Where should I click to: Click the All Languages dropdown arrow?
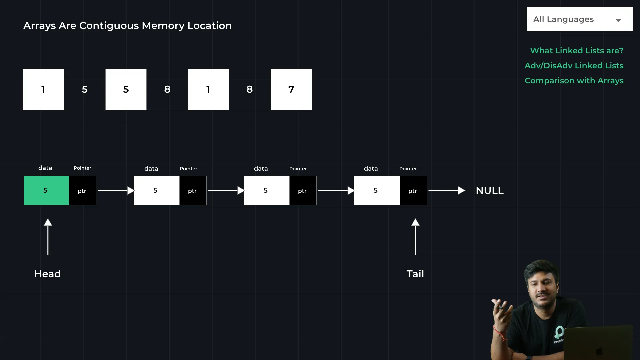618,20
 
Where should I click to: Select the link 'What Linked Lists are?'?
577,51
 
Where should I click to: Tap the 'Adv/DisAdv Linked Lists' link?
574,66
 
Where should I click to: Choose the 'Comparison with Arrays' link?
574,81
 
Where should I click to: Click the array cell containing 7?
291,89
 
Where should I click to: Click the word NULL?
490,191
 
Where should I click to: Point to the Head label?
47,274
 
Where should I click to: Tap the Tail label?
415,274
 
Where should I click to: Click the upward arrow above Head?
48,237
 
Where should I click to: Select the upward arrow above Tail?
415,237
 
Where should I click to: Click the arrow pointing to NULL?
446,190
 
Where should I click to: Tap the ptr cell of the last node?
413,191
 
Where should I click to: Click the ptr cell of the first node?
82,191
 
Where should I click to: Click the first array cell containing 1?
43,89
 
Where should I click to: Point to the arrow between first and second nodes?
115,190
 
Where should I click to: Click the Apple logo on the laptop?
599,351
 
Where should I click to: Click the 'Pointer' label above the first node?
82,168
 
